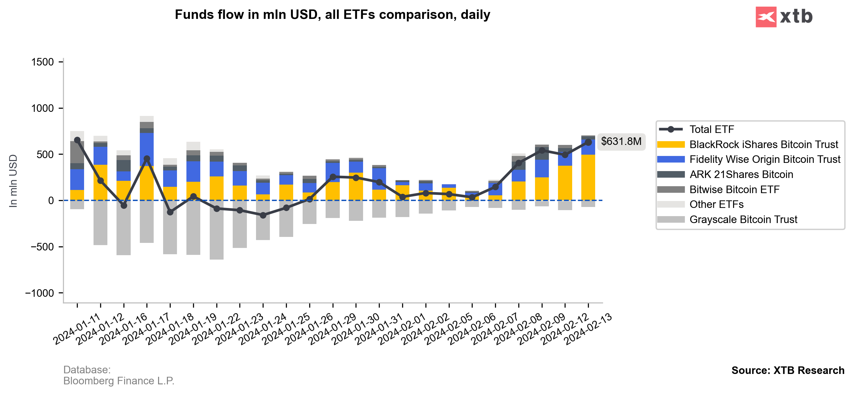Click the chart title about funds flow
pos(332,15)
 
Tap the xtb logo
pos(784,17)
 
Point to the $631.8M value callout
pos(621,142)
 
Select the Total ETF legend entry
pos(711,129)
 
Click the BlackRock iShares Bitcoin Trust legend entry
pos(763,145)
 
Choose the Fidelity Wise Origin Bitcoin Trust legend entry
pos(765,159)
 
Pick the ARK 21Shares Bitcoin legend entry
pos(741,175)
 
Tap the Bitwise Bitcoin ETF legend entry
pos(734,189)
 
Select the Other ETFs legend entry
pos(716,204)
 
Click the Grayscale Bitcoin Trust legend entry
pos(743,220)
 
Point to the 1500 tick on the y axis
pos(43,62)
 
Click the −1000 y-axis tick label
pos(39,293)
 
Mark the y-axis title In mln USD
pos(13,181)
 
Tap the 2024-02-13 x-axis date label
pos(589,328)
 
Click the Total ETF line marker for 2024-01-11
pos(77,140)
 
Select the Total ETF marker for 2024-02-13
pos(588,142)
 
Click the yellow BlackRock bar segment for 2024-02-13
pos(588,177)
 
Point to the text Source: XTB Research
pos(788,370)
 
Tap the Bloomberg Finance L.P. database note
pos(119,381)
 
